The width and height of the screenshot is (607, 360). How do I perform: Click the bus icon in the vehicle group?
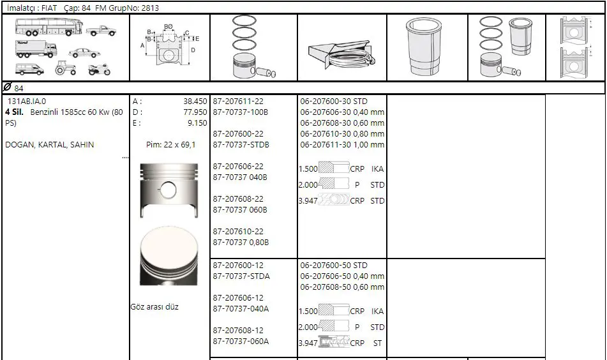[x=49, y=27]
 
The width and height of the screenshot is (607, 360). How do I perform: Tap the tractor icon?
[x=65, y=68]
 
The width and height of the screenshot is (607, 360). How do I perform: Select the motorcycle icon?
[x=99, y=70]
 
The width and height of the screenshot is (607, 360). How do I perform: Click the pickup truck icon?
[x=101, y=31]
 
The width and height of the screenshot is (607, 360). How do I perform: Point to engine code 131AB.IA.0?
[x=27, y=101]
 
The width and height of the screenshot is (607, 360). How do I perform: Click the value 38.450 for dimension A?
[x=195, y=101]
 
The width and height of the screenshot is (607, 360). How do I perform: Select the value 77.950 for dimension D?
[x=195, y=112]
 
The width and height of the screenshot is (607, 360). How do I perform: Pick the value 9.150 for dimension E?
[x=197, y=123]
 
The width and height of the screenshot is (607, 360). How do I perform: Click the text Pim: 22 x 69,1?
[x=170, y=145]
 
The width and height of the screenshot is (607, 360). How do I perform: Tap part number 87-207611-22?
[x=238, y=101]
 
